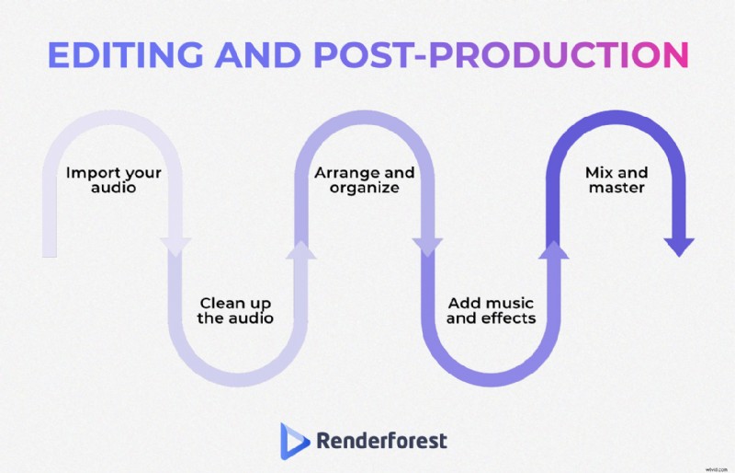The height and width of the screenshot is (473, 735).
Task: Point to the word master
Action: coord(616,188)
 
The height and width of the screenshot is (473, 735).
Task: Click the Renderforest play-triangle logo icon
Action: coord(295,440)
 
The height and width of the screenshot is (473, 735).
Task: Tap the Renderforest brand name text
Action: coord(381,441)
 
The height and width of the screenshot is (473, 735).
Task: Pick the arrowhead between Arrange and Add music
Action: coord(426,247)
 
